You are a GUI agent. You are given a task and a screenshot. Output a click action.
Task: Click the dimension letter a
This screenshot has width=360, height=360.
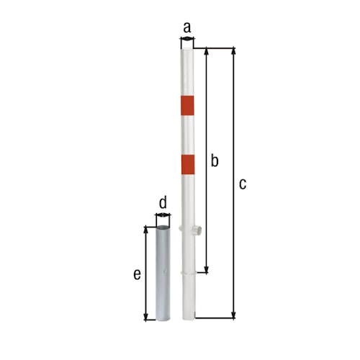[187, 27]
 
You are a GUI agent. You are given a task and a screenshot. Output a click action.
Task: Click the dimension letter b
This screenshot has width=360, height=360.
[214, 161]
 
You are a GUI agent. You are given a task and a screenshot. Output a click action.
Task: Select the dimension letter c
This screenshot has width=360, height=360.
[243, 184]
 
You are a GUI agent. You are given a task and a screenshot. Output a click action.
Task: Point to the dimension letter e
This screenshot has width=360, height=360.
[136, 274]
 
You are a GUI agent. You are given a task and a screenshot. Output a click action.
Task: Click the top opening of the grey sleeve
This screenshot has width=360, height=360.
[163, 228]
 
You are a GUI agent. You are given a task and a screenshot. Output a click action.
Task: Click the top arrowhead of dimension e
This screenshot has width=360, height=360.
[147, 230]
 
